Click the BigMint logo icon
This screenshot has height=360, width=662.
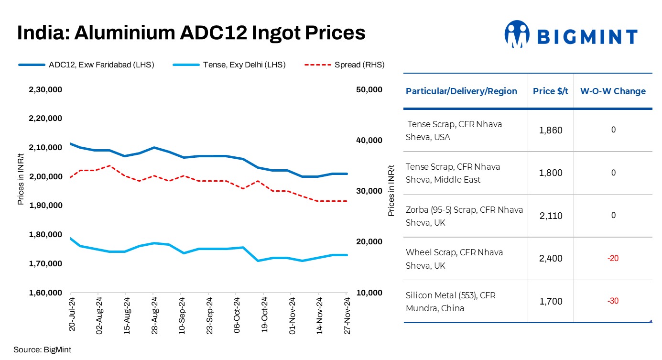517,34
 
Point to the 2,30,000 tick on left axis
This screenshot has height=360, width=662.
46,89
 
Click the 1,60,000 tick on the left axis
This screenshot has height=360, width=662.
46,293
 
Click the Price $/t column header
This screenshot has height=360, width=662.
551,91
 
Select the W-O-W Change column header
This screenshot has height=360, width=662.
613,91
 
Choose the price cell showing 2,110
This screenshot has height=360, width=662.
551,216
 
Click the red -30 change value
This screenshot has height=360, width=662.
613,301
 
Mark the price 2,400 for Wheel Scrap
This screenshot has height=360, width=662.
551,259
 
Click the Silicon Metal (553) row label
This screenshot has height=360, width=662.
450,301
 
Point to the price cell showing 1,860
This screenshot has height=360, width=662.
551,130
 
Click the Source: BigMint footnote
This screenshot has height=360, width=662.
42,349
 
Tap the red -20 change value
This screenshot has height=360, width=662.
613,259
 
